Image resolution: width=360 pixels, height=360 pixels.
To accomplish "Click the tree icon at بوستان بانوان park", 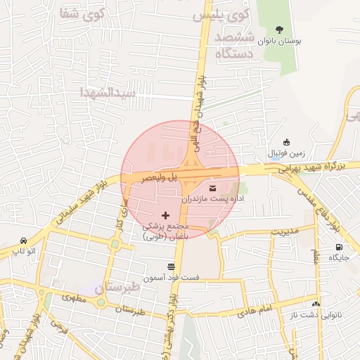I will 280,30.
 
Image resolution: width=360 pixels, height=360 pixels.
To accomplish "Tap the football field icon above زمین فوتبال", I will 285,142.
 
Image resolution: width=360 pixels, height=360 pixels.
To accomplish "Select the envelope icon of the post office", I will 212,188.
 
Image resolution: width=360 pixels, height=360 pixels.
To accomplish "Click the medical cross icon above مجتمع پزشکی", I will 166,214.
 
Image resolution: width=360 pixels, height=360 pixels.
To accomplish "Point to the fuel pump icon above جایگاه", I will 340,247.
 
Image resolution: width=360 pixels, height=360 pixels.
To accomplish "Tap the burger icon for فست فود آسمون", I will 172,267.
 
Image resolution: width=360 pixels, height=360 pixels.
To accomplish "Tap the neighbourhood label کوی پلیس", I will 230,15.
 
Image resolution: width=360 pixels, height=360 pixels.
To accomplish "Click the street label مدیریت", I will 285,231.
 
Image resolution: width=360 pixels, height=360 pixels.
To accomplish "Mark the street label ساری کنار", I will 120,219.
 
